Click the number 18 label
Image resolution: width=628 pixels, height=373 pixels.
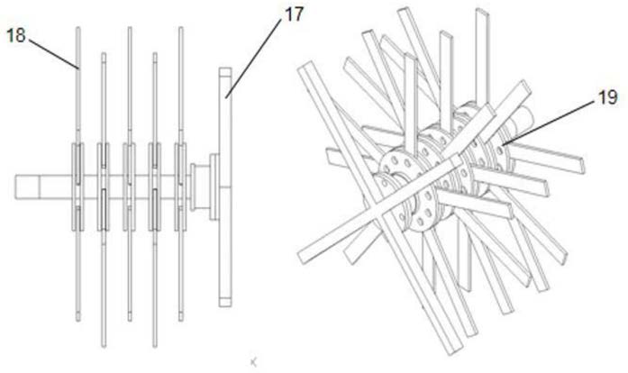[x=16, y=35]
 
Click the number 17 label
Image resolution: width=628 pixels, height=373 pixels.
[x=294, y=14]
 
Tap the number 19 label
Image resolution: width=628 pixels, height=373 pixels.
[x=607, y=97]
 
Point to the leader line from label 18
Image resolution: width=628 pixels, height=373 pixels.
[x=54, y=54]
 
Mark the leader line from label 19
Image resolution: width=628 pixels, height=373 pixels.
[x=548, y=123]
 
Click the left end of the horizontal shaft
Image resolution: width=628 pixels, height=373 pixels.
[x=15, y=186]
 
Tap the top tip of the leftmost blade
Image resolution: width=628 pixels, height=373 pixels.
[x=78, y=28]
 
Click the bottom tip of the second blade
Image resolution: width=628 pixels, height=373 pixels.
[x=104, y=346]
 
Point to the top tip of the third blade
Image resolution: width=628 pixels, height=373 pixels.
[x=130, y=28]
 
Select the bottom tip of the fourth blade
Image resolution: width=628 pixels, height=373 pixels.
[x=155, y=346]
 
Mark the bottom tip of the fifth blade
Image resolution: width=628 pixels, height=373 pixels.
[x=180, y=320]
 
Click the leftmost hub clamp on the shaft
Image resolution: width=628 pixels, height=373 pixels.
[x=77, y=186]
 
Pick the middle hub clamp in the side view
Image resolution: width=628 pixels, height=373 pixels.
[x=129, y=186]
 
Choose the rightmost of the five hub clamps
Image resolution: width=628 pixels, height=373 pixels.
[x=180, y=186]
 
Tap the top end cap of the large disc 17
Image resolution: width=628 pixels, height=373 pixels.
[x=225, y=72]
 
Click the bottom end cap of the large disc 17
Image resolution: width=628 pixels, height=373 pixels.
[x=225, y=302]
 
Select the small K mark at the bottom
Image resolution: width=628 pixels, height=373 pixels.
[x=253, y=362]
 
